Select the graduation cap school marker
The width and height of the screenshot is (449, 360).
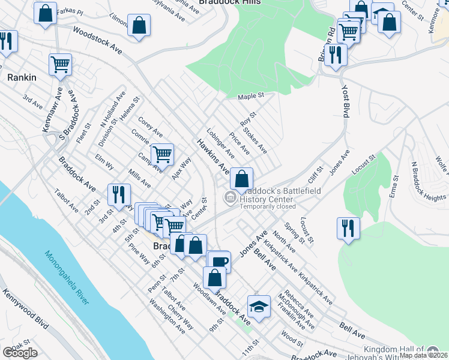pyautogui.click(x=259, y=306)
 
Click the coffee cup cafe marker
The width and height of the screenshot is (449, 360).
pyautogui.click(x=219, y=262)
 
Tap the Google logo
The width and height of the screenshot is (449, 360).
pyautogui.click(x=20, y=352)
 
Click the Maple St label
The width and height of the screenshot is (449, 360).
pyautogui.click(x=251, y=96)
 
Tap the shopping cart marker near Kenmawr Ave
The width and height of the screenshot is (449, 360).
pyautogui.click(x=60, y=65)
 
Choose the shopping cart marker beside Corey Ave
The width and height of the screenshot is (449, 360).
pyautogui.click(x=162, y=154)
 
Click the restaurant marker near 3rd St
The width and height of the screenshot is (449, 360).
pyautogui.click(x=118, y=194)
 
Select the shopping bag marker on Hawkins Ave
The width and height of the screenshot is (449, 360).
pyautogui.click(x=241, y=178)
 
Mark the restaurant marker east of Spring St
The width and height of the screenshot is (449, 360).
pyautogui.click(x=348, y=227)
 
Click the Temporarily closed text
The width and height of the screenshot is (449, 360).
pyautogui.click(x=267, y=206)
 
